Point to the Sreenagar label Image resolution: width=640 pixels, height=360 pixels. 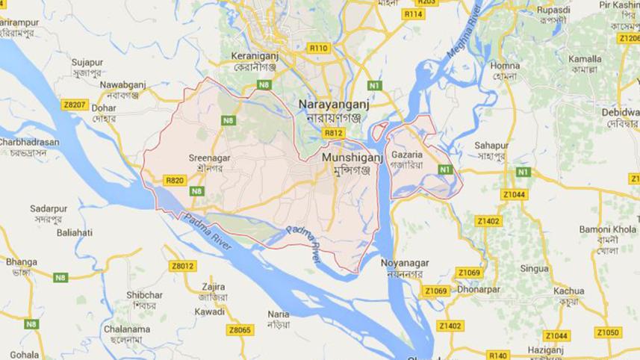click(210, 158)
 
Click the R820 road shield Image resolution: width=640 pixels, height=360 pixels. click(174, 180)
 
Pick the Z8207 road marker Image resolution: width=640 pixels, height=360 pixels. click(75, 105)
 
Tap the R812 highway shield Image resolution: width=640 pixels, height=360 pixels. click(332, 133)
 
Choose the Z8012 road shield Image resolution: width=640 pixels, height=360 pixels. click(182, 265)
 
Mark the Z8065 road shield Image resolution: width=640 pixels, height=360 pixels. click(240, 329)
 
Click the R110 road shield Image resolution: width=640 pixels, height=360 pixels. click(318, 48)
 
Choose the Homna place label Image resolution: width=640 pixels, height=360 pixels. click(505, 66)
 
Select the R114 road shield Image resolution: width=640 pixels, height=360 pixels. click(412, 14)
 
